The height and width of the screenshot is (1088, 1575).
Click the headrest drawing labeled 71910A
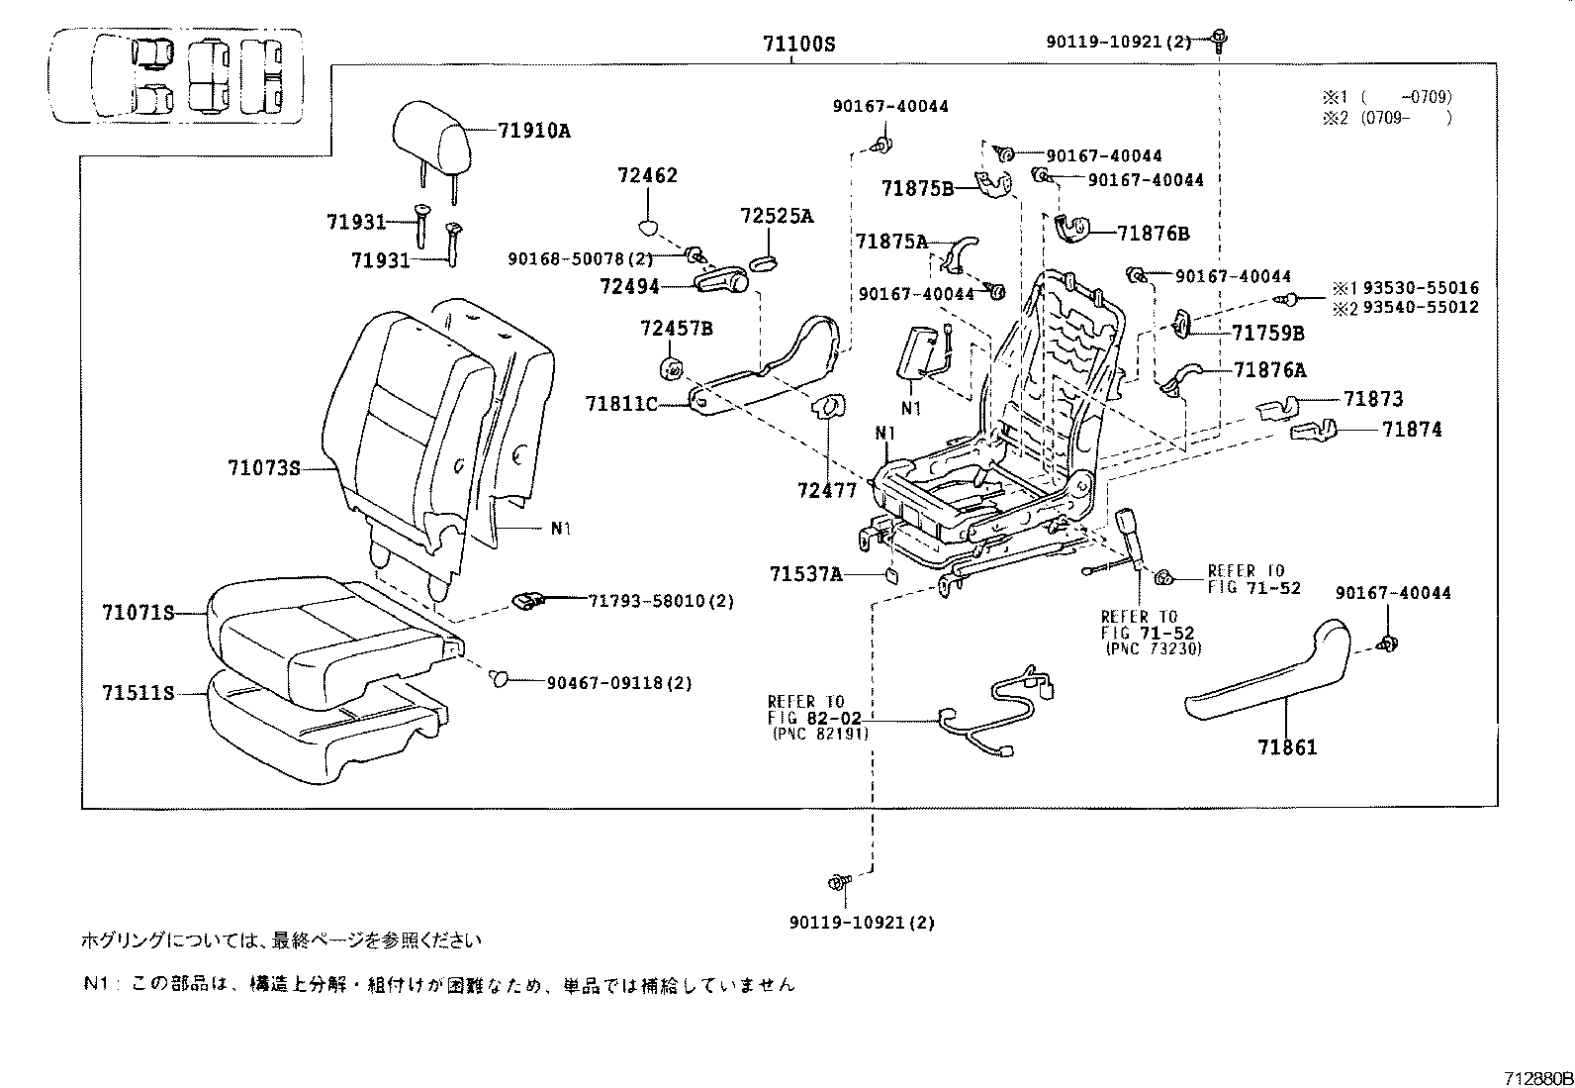tap(431, 137)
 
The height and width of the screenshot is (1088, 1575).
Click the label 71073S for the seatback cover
tap(263, 467)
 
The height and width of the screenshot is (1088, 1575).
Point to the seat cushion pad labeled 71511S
tap(317, 728)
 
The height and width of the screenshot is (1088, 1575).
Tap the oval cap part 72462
tap(647, 226)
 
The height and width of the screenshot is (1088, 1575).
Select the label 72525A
tap(776, 216)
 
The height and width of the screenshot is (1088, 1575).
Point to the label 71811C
tap(620, 403)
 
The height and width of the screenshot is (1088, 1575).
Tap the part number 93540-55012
tap(1418, 308)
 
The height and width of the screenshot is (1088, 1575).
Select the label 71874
tap(1412, 430)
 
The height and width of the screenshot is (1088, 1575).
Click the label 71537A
tap(805, 574)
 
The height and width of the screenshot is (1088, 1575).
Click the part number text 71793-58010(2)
tap(661, 601)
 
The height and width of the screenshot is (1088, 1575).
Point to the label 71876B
tap(1154, 234)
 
